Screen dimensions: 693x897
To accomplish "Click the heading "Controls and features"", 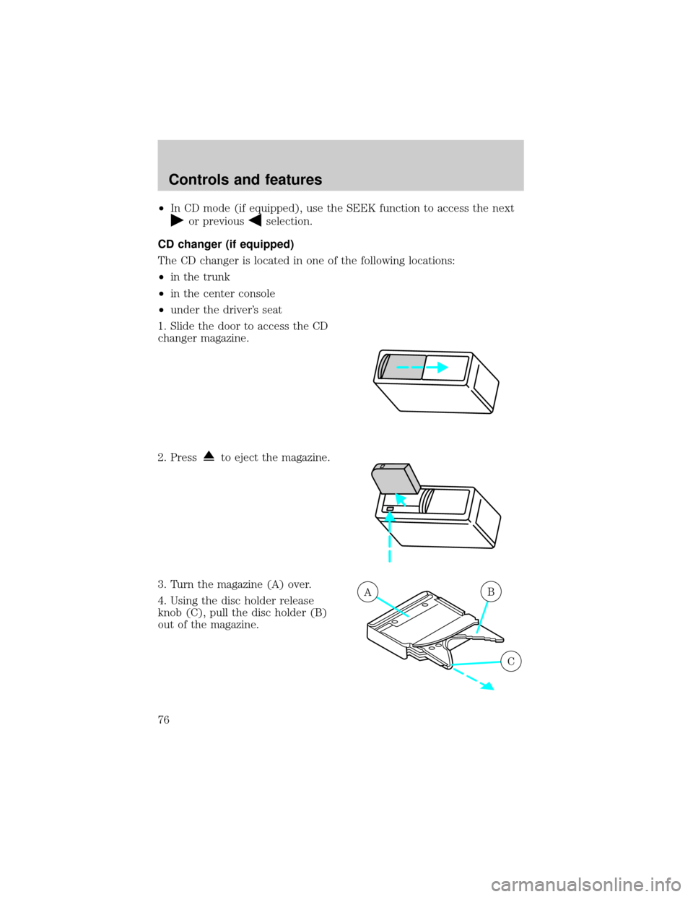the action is click(245, 180).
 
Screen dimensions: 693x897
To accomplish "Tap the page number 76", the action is click(164, 720).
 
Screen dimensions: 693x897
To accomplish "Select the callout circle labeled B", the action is click(491, 592).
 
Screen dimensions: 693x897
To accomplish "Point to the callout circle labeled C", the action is click(511, 662).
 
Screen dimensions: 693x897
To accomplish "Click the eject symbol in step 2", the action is click(209, 457).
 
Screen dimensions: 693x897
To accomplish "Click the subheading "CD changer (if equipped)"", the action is click(226, 245).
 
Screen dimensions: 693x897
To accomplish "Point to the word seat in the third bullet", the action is click(272, 310).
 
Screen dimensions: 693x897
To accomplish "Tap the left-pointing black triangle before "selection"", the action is click(256, 221).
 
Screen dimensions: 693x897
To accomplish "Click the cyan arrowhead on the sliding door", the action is click(443, 368).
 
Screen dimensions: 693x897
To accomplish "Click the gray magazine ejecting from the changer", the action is click(396, 478).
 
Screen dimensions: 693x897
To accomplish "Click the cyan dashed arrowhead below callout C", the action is click(488, 686).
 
